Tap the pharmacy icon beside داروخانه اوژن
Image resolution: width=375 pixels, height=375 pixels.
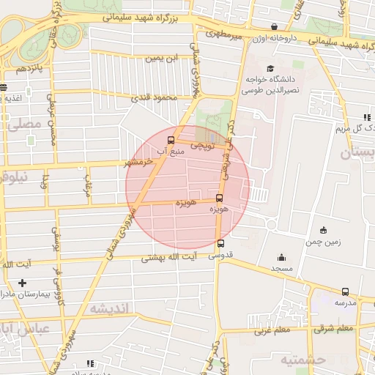coord(274,27)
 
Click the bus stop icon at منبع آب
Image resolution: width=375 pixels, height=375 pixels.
coord(171,140)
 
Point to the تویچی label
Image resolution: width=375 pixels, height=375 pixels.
coord(202,145)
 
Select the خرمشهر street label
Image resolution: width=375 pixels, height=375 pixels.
coord(138,162)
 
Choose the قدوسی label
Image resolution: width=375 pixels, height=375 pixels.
coord(221,256)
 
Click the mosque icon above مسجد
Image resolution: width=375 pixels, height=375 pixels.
coord(281,258)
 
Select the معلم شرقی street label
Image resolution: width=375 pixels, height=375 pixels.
coord(272,330)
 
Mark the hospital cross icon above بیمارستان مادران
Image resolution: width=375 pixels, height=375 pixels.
coord(22,283)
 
